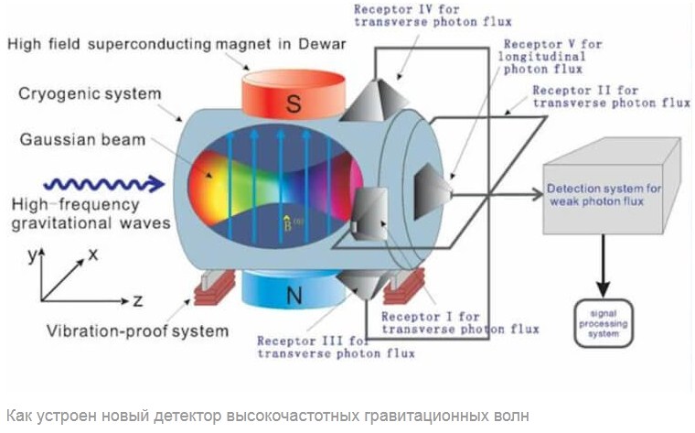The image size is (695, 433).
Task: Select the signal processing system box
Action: point(604,322)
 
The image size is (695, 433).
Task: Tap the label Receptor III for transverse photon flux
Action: point(336,346)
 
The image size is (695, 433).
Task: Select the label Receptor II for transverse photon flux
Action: point(610,97)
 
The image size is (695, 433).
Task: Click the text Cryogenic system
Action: point(89,94)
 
